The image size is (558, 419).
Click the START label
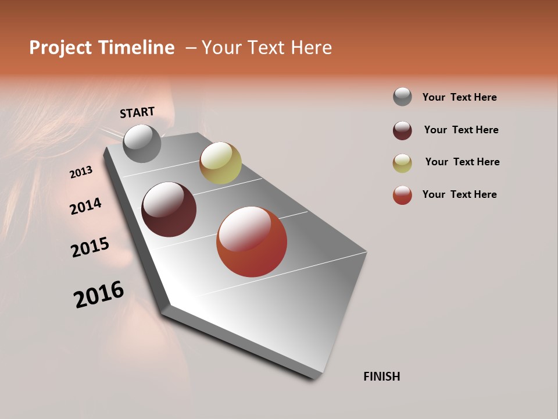(x=137, y=112)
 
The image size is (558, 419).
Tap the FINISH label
(x=381, y=377)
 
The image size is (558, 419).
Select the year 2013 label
(x=81, y=172)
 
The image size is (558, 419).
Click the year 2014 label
(x=86, y=207)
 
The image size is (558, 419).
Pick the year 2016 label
(x=99, y=294)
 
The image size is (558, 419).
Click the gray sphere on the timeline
(x=142, y=144)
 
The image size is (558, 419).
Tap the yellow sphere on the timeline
(x=220, y=162)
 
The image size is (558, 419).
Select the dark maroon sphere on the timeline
(x=169, y=210)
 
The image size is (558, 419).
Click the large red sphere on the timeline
(x=252, y=242)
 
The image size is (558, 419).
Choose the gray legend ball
(x=402, y=97)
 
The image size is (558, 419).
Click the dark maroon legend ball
(x=402, y=130)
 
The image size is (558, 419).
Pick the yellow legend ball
(x=402, y=163)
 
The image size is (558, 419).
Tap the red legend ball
(x=402, y=195)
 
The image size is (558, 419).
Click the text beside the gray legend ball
(x=459, y=97)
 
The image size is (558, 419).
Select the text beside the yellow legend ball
(x=462, y=162)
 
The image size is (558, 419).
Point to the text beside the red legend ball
(x=459, y=194)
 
